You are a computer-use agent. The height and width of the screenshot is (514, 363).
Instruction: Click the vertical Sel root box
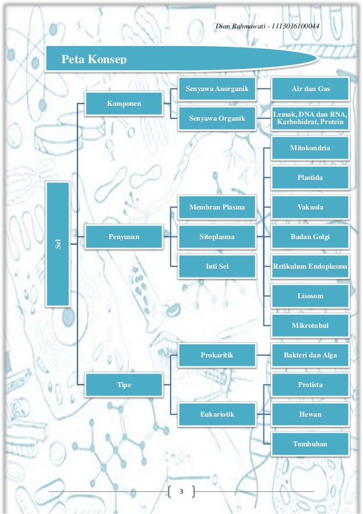pos(57,244)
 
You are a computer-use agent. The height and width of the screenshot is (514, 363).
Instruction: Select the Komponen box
pos(123,103)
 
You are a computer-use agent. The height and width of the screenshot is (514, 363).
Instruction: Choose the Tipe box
pos(123,385)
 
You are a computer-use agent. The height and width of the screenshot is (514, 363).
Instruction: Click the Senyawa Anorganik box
pos(216,89)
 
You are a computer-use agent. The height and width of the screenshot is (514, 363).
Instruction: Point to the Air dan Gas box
pos(310,89)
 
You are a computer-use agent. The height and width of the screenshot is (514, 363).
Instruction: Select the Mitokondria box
pos(310,148)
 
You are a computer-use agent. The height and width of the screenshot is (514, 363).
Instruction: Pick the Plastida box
pos(310,178)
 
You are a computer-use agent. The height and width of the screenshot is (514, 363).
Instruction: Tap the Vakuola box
pos(310,207)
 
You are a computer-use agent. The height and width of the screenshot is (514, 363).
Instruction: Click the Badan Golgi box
pos(310,236)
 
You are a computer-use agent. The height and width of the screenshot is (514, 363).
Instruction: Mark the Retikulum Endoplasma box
pos(310,266)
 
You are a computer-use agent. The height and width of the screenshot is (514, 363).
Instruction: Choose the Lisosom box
pos(310,296)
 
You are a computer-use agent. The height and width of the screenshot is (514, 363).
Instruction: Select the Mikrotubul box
pos(310,326)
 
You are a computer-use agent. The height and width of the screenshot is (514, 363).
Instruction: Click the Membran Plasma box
pos(216,207)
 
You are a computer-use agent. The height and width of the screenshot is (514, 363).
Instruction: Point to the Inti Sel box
pos(216,266)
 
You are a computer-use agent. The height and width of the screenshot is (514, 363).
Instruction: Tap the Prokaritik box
pos(216,355)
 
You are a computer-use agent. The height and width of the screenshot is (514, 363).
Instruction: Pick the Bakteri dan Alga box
pos(310,355)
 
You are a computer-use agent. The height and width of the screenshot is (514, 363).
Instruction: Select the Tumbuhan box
pos(310,443)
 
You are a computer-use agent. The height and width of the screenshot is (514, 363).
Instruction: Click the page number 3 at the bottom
pos(181,491)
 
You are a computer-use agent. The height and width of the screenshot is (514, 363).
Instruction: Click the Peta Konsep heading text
pos(94,59)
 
